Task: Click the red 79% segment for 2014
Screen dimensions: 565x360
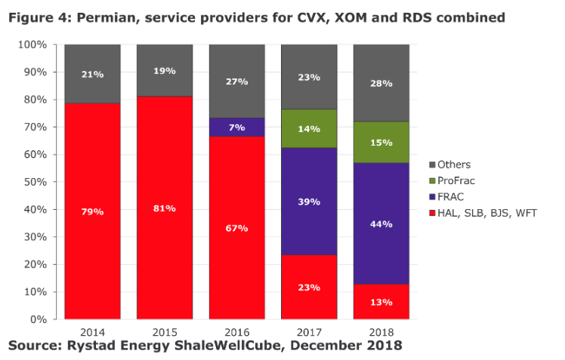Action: coord(93,211)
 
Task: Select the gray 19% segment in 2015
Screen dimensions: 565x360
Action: coord(165,70)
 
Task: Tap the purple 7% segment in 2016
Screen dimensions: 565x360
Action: coord(237,127)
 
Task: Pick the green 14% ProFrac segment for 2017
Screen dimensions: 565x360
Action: coord(309,128)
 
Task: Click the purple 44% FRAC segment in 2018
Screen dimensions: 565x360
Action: coord(381,223)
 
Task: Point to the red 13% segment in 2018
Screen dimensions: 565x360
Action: coord(381,302)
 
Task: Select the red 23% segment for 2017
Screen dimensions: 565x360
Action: coord(309,287)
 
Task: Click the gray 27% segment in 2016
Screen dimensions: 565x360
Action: coord(237,82)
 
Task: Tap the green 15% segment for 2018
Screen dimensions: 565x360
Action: coord(381,142)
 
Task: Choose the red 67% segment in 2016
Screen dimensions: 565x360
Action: coord(237,227)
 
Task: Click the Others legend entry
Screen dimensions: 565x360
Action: coord(450,165)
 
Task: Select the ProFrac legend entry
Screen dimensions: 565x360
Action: coord(452,180)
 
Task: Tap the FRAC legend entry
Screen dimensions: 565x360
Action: coord(446,197)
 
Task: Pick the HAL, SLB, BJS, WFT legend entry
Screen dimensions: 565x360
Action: coord(483,213)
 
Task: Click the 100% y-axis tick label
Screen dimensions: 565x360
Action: coord(32,45)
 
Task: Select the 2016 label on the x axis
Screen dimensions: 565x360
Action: coord(237,332)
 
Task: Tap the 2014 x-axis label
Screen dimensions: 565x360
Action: coord(93,332)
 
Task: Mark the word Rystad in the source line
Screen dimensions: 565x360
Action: coord(91,346)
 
